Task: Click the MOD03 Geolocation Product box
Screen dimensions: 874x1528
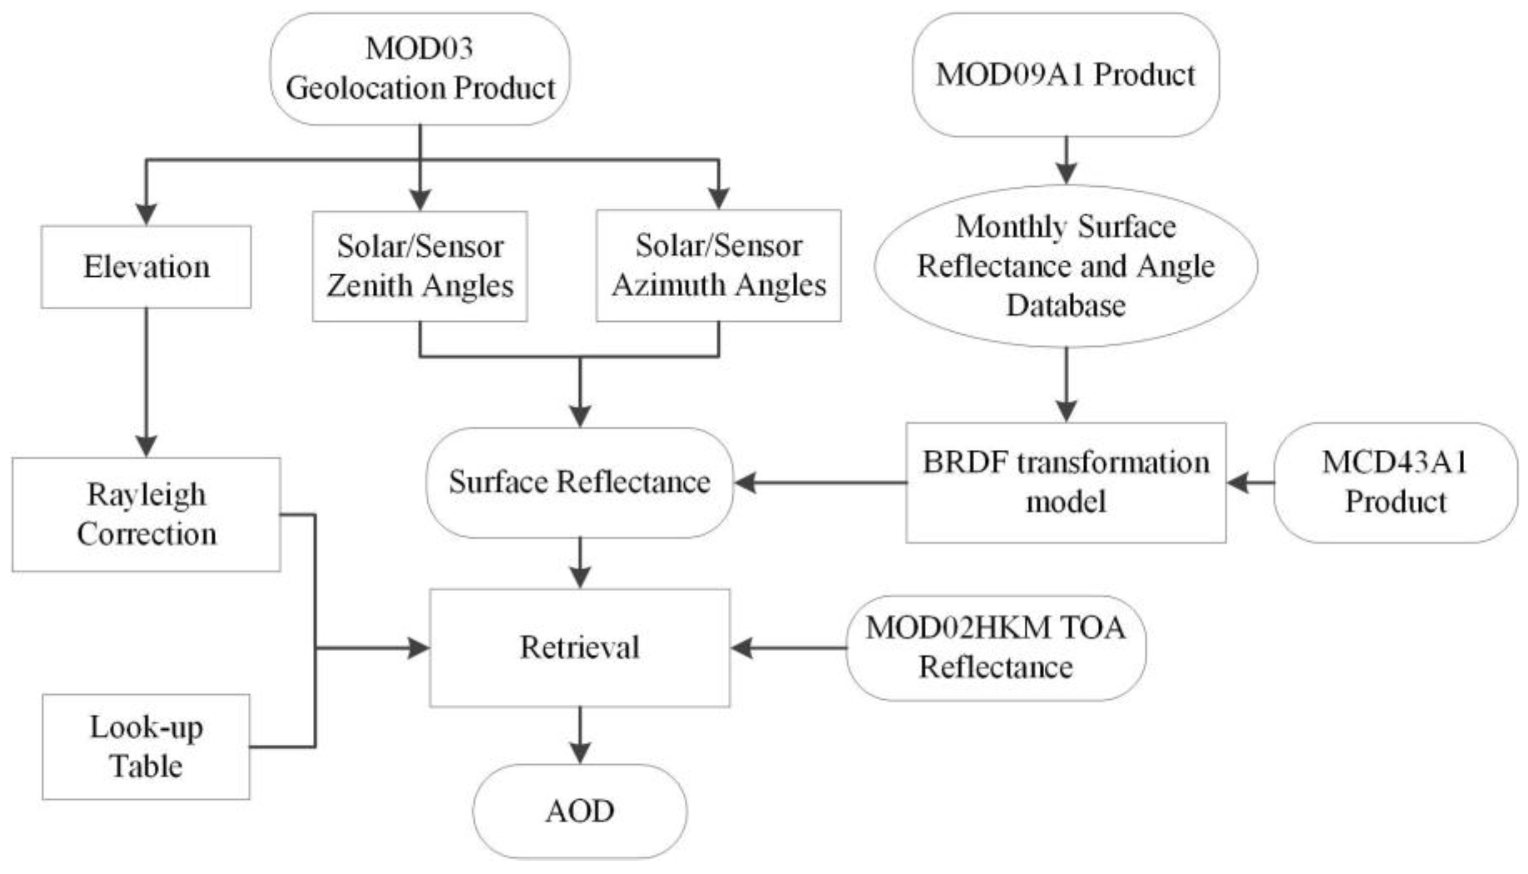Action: [419, 68]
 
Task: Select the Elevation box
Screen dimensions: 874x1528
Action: [146, 267]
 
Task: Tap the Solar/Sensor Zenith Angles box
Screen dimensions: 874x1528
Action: [419, 266]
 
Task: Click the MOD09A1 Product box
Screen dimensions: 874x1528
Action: [1066, 75]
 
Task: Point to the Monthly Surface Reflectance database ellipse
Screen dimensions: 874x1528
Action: [1066, 266]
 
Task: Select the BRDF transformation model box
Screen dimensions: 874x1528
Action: [1066, 482]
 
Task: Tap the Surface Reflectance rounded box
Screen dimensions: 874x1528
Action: [579, 482]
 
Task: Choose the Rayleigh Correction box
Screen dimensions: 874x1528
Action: [146, 515]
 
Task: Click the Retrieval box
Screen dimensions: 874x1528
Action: [579, 648]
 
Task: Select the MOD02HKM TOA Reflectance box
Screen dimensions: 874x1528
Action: [995, 648]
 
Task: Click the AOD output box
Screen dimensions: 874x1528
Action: [579, 811]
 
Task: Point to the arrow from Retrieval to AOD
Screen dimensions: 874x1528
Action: [579, 735]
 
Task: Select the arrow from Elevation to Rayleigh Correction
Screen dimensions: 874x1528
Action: [146, 384]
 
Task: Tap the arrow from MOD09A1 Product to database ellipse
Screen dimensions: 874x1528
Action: [1066, 160]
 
